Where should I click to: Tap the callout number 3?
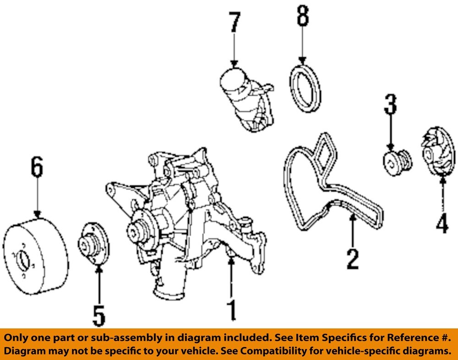[x=390, y=104]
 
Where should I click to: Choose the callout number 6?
[x=37, y=168]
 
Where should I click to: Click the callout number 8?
[x=302, y=16]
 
